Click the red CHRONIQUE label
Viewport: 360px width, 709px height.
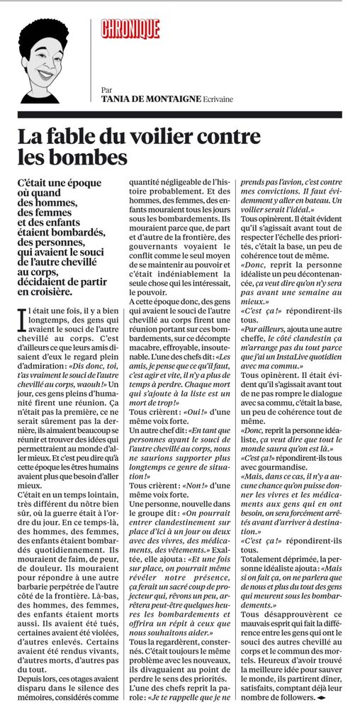point(130,29)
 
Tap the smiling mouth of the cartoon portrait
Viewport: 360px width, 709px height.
point(44,74)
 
